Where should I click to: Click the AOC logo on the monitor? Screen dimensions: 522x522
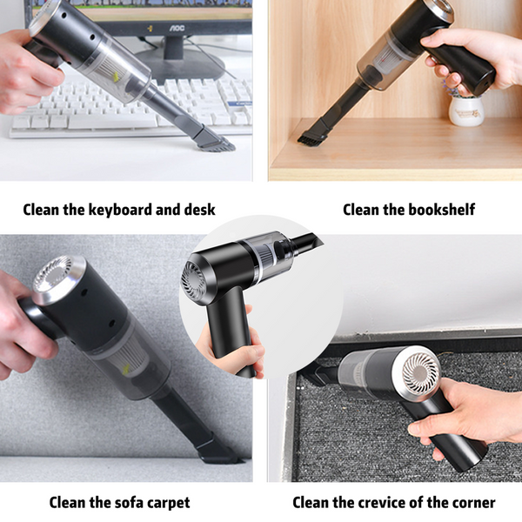click(177, 29)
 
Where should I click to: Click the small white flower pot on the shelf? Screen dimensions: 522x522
click(466, 110)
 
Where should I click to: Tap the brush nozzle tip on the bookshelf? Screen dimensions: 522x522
click(309, 137)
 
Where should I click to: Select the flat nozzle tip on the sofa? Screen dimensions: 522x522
click(220, 454)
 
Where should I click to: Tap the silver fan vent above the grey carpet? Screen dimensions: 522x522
click(420, 373)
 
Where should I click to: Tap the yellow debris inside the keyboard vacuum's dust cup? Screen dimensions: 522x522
click(117, 77)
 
